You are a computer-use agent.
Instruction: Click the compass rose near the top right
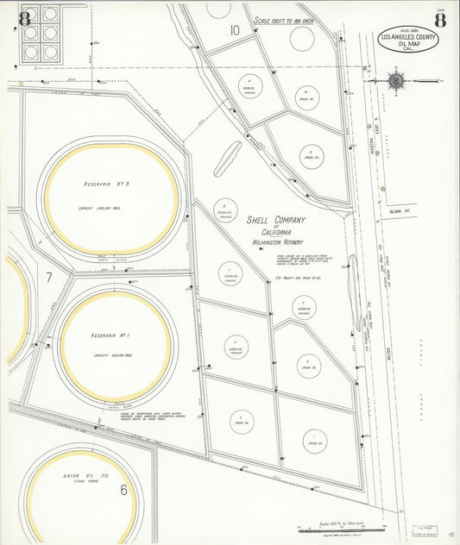pos(396,81)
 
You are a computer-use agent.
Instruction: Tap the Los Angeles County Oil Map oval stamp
pos(408,39)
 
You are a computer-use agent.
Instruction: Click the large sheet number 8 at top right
pos(441,20)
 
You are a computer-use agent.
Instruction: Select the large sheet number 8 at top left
pos(24,18)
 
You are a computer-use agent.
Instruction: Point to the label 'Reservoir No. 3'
pos(106,185)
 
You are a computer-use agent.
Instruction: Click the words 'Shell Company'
pos(278,220)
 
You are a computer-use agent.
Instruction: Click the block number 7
pos(49,277)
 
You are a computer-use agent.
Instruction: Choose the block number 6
pos(123,490)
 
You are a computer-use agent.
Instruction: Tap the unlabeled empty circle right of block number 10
pos(302,38)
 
